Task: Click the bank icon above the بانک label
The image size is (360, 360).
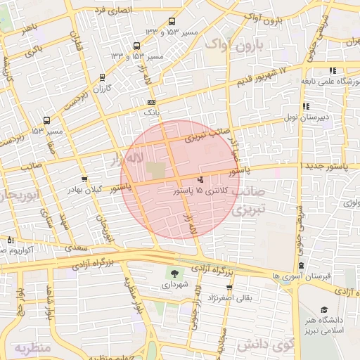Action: [152, 103]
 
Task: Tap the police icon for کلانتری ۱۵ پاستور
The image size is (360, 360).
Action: [201, 179]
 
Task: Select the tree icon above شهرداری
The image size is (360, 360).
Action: [172, 274]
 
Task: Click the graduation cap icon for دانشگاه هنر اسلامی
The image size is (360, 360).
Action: [325, 309]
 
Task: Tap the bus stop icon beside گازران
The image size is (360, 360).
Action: [103, 77]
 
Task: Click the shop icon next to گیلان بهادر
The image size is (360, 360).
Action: [85, 179]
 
